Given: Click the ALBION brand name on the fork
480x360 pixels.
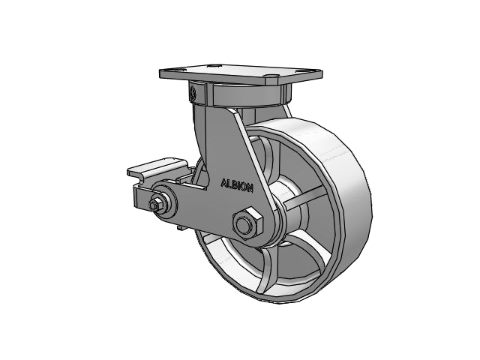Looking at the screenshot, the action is tap(237, 185).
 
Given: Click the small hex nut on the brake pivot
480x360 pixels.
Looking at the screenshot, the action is tap(155, 205).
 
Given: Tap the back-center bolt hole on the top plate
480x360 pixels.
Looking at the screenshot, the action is tap(212, 66).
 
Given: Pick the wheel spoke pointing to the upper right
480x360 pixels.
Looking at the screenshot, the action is tap(304, 199).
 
